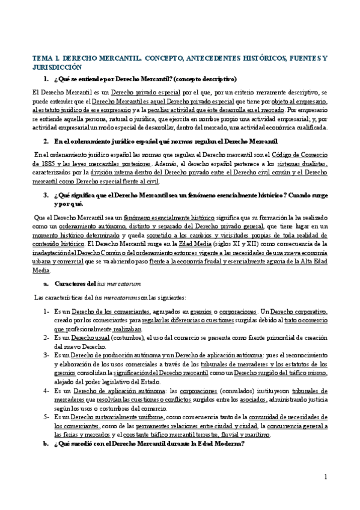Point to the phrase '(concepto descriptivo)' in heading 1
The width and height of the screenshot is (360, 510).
pyautogui.click(x=202, y=79)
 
